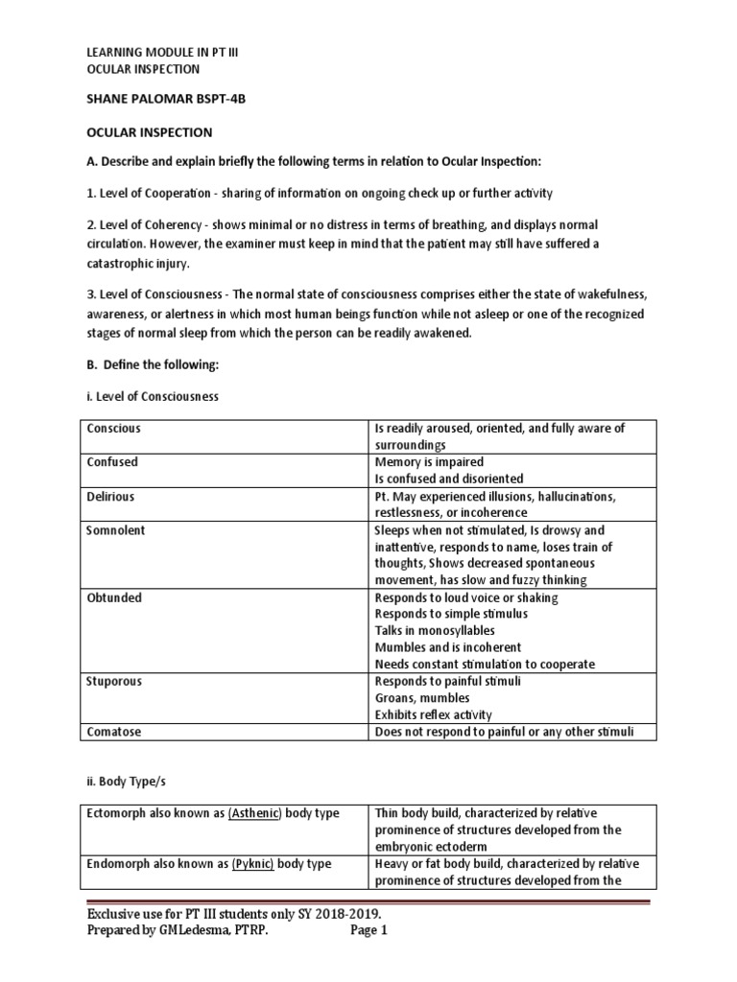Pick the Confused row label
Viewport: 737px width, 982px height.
point(112,462)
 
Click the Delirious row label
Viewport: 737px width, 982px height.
point(110,497)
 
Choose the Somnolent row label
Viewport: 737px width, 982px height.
point(115,530)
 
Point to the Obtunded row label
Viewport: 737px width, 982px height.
point(114,597)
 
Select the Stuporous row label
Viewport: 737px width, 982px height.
point(114,681)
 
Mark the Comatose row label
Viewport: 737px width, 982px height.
point(114,732)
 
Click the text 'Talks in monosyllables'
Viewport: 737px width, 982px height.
point(435,630)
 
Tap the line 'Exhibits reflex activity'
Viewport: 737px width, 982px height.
point(433,714)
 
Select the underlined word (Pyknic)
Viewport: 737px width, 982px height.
point(251,864)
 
